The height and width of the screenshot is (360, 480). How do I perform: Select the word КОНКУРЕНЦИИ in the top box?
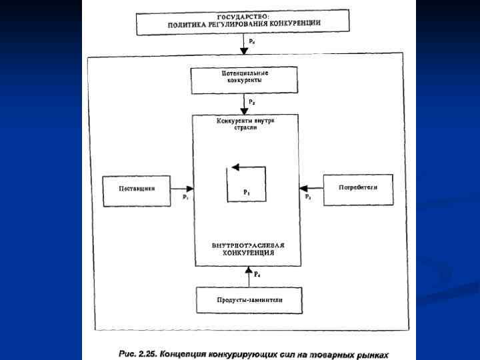[295, 23]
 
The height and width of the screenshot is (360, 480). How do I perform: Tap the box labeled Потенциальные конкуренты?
[242, 80]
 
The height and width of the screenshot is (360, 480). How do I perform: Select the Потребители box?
[357, 188]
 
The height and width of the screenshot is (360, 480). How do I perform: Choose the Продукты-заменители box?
[249, 300]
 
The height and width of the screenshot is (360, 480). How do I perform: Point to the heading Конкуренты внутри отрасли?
[245, 123]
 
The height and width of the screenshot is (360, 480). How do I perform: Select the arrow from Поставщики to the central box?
[179, 189]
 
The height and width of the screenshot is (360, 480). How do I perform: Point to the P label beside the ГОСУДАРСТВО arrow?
[252, 41]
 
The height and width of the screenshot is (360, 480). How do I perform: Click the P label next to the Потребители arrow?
[307, 197]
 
